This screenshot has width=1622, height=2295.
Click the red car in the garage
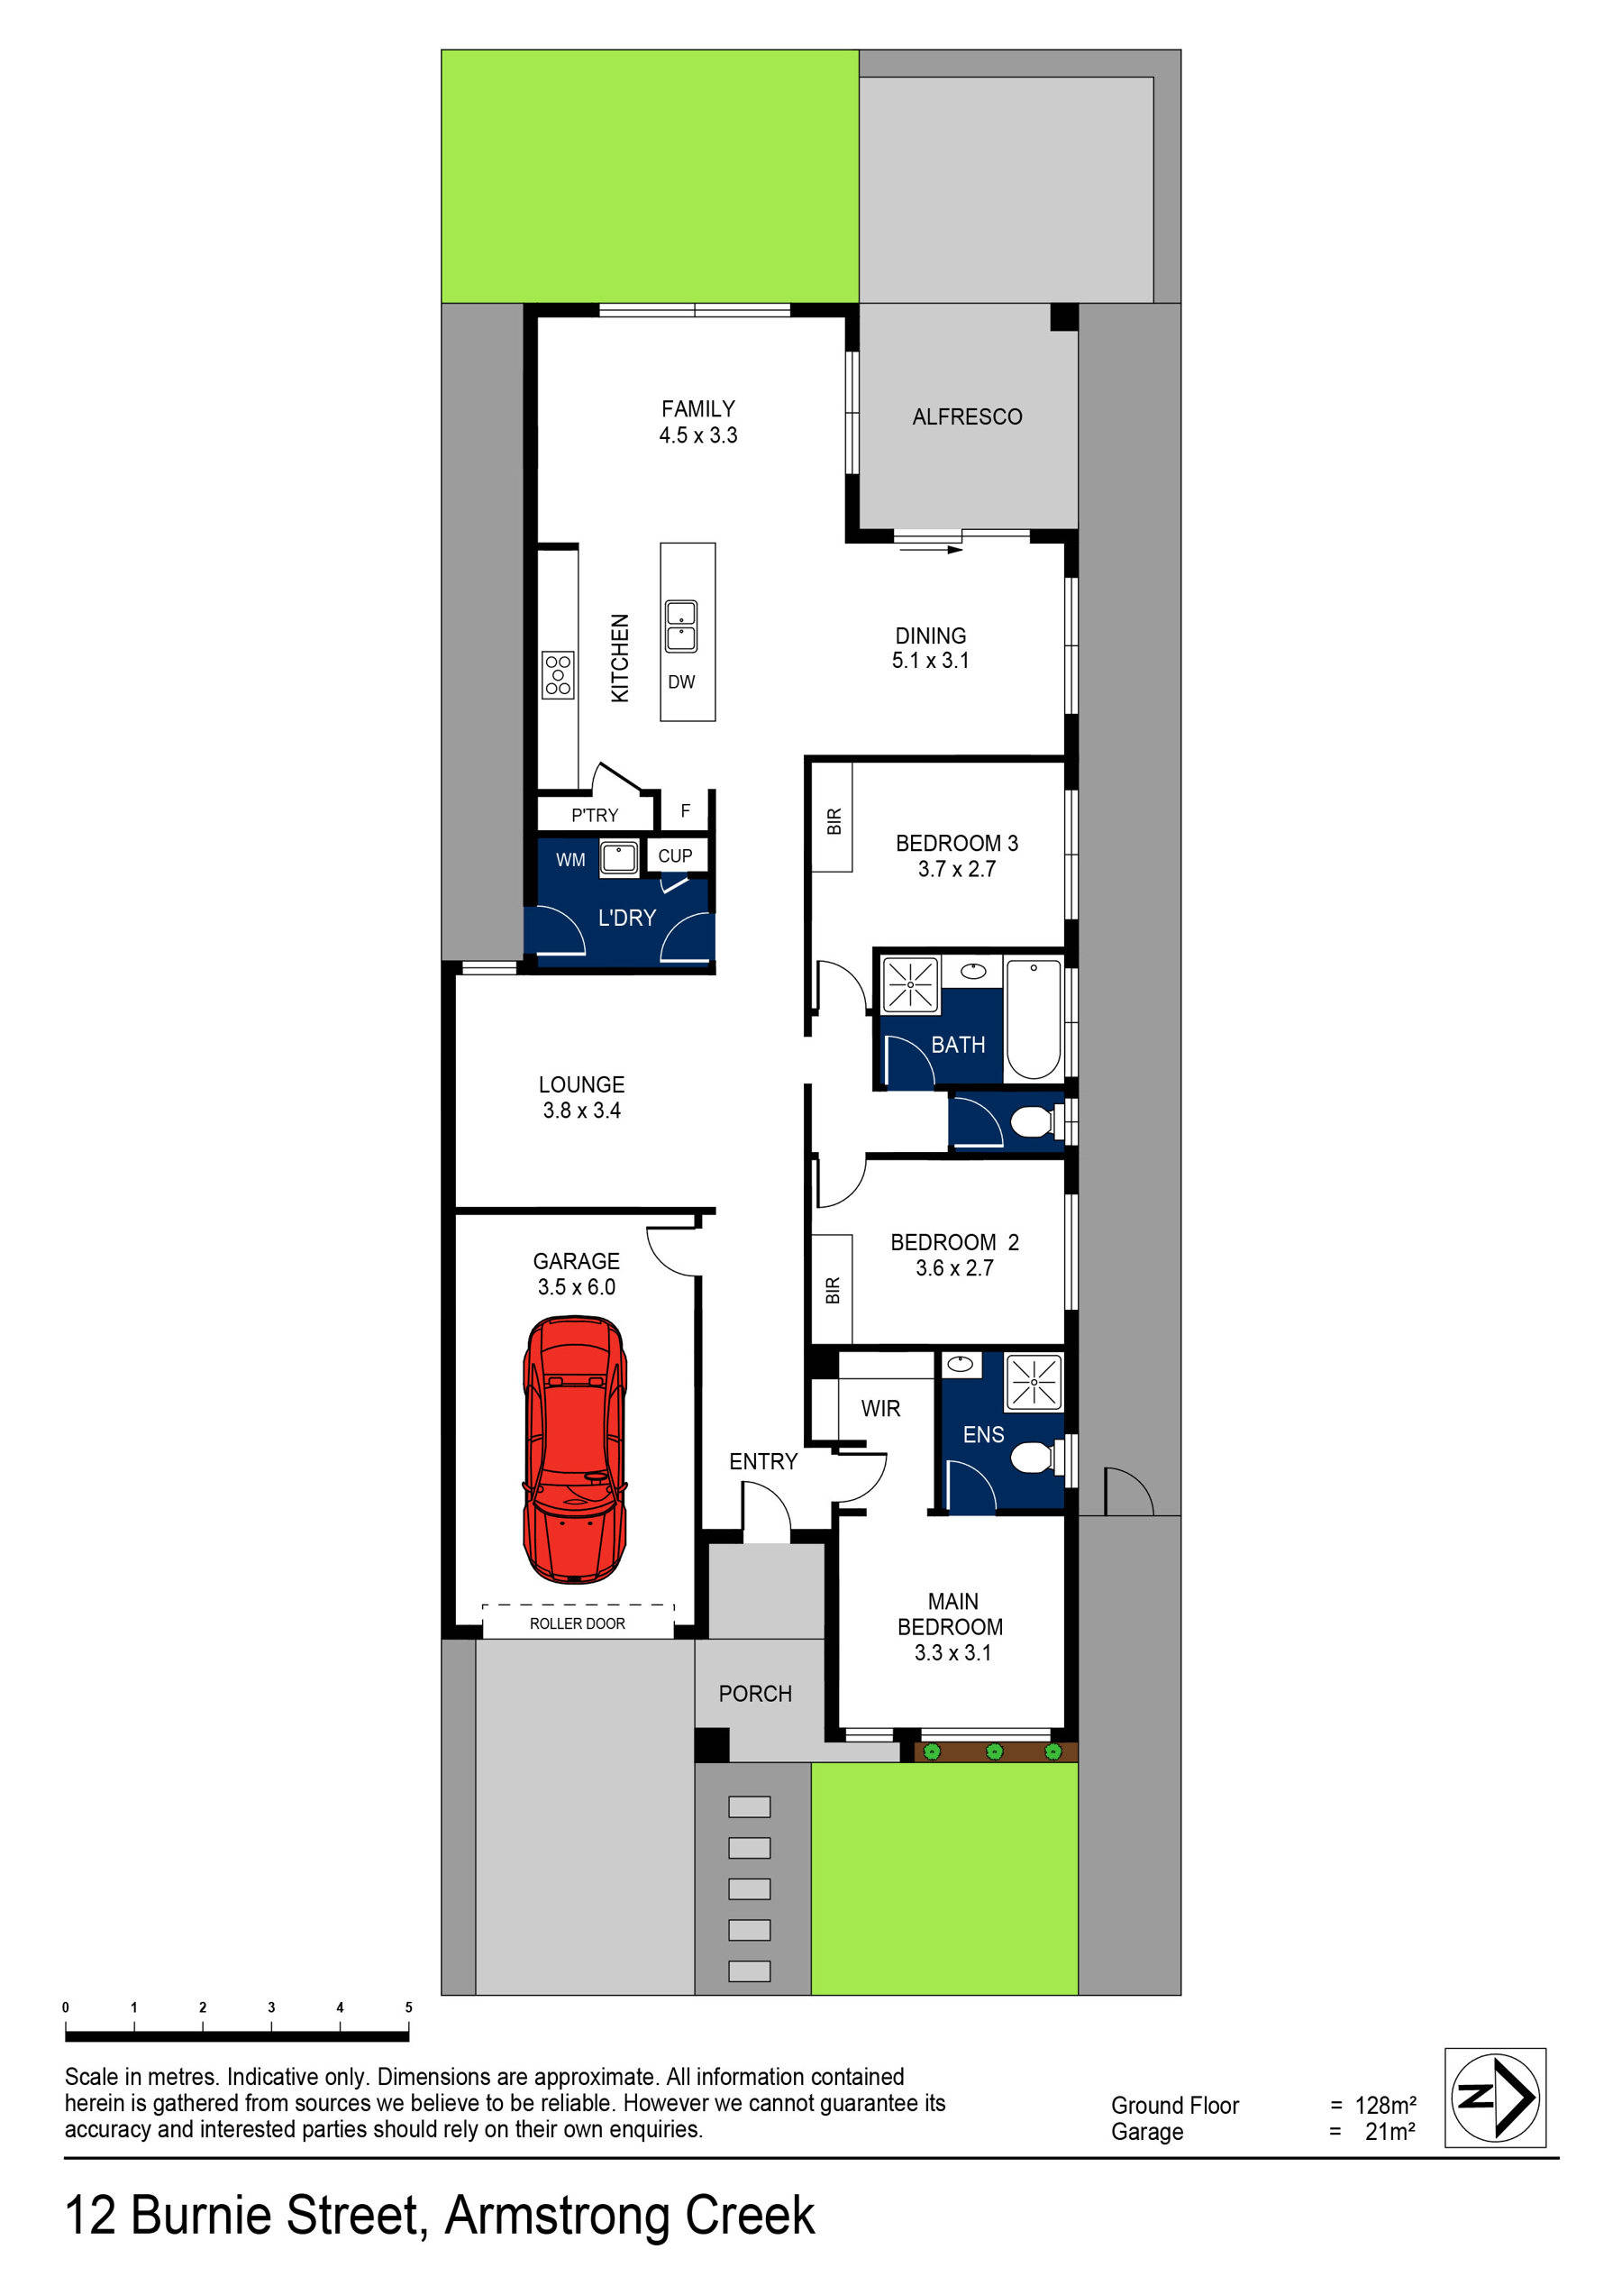[575, 1449]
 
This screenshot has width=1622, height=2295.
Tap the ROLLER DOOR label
[577, 1623]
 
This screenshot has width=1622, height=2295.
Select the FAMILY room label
[697, 409]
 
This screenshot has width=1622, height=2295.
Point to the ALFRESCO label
[966, 416]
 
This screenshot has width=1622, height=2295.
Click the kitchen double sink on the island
[681, 626]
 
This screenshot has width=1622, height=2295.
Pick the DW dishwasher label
[681, 681]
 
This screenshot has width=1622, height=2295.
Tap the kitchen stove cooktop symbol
[558, 674]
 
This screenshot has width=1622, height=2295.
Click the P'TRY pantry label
[595, 816]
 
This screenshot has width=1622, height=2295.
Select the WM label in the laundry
[570, 860]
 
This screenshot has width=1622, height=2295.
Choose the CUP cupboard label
[675, 855]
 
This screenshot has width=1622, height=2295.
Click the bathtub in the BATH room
[1034, 1019]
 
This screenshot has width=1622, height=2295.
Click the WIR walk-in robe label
[880, 1408]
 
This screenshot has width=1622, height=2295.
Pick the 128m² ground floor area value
[1385, 2105]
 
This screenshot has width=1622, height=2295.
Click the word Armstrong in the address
[558, 2215]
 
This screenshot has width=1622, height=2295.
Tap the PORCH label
[754, 1693]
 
